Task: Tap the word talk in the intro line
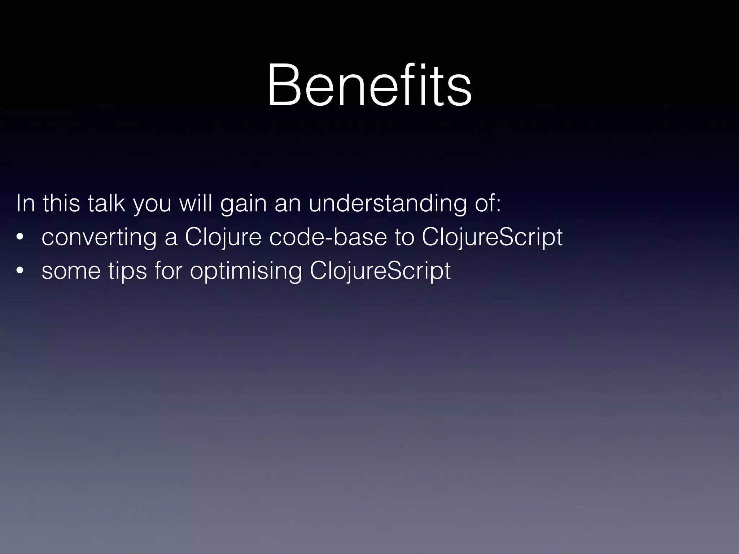pyautogui.click(x=106, y=203)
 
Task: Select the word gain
pyautogui.click(x=243, y=204)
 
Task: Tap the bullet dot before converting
pyautogui.click(x=20, y=237)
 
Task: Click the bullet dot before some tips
pyautogui.click(x=20, y=271)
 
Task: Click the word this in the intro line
pyautogui.click(x=61, y=203)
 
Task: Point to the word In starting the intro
pyautogui.click(x=25, y=203)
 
